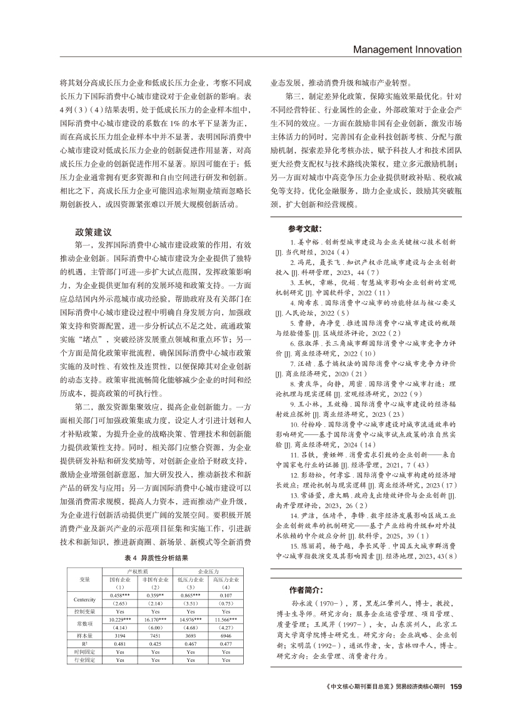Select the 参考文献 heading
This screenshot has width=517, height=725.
click(x=306, y=229)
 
